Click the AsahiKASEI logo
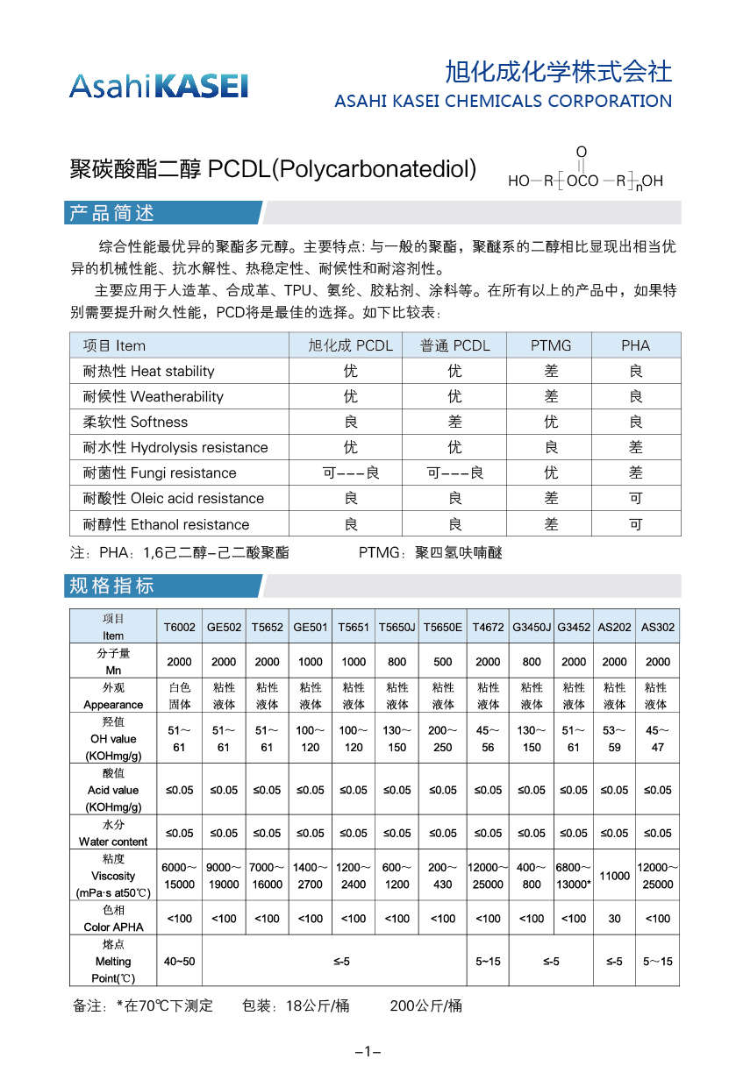(159, 85)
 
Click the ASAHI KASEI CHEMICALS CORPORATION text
(503, 101)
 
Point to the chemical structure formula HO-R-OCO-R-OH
(585, 173)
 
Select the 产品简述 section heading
(111, 213)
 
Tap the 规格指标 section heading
(111, 586)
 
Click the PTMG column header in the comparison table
(550, 345)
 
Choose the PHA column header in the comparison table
(635, 345)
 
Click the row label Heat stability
(148, 371)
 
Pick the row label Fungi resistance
(159, 472)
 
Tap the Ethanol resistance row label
(166, 524)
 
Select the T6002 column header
(180, 628)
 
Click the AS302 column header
(658, 628)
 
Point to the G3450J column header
(532, 628)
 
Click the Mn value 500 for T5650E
(443, 662)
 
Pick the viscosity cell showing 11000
(615, 876)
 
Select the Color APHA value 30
(615, 919)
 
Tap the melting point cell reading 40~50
(180, 962)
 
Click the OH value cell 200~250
(443, 739)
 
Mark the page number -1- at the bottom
(368, 1052)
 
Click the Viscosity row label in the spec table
(113, 876)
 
